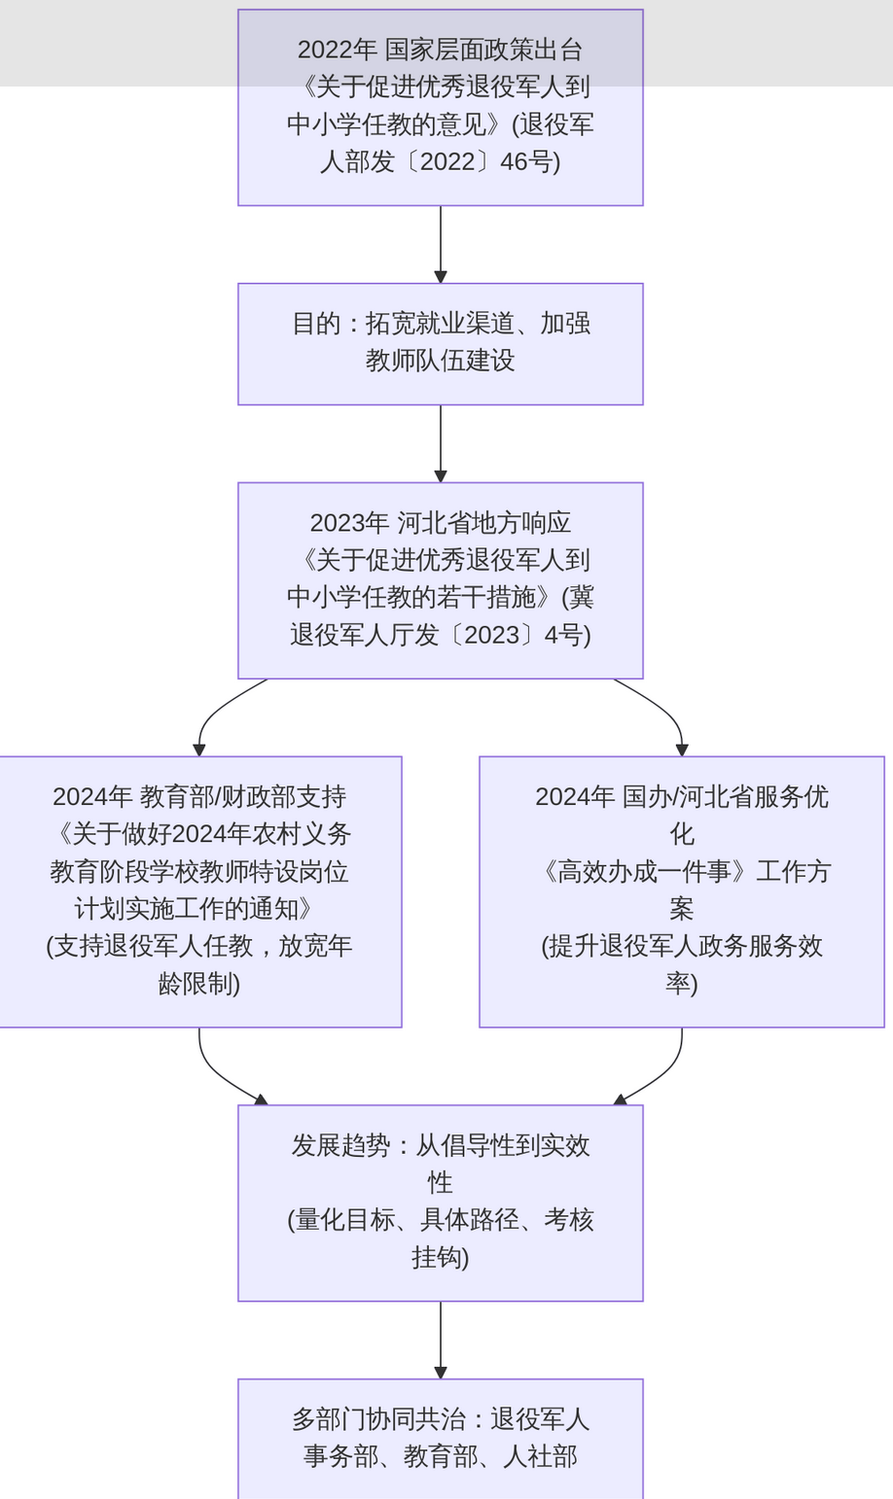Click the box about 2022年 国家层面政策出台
point(440,107)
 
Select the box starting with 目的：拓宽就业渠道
point(440,344)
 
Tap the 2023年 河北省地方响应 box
point(440,580)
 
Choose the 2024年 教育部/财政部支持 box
point(199,891)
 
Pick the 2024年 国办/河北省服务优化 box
point(681,891)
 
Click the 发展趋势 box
point(440,1203)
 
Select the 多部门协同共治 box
point(440,1438)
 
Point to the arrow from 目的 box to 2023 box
point(441,442)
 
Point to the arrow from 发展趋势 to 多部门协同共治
point(441,1339)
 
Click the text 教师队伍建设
point(440,361)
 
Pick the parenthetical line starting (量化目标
point(440,1220)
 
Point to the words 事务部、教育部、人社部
point(440,1456)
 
